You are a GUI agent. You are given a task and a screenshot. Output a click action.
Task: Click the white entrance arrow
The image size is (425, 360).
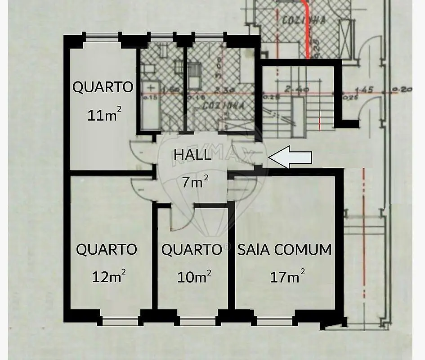(290, 157)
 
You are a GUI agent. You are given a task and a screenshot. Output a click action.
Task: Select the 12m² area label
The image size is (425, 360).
(108, 276)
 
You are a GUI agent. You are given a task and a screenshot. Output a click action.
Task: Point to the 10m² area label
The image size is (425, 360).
(194, 276)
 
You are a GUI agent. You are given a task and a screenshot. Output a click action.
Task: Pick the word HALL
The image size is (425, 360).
(192, 155)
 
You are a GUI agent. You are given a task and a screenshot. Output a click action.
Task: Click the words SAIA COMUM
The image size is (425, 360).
(284, 249)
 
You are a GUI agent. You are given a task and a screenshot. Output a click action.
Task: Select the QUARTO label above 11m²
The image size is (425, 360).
(103, 87)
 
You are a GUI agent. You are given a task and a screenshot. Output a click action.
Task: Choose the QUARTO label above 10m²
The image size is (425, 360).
(192, 249)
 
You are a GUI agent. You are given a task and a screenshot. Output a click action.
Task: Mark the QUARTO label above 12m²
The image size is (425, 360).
(107, 249)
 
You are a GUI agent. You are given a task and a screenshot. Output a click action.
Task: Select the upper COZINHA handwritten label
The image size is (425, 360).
(299, 20)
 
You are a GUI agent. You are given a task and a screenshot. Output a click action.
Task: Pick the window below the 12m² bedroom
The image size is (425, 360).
(120, 320)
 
